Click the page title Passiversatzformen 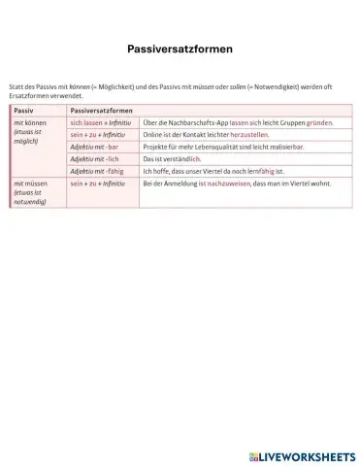pyautogui.click(x=180, y=47)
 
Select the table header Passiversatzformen pyautogui.click(x=102, y=112)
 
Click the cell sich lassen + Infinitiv pyautogui.click(x=100, y=124)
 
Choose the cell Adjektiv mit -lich pyautogui.click(x=94, y=158)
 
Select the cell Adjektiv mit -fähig pyautogui.click(x=97, y=171)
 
